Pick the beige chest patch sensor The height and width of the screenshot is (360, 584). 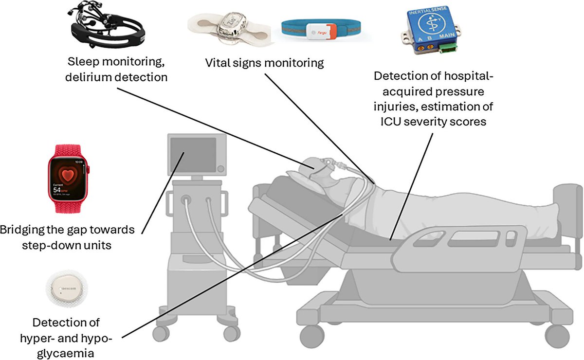point(229,29)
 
